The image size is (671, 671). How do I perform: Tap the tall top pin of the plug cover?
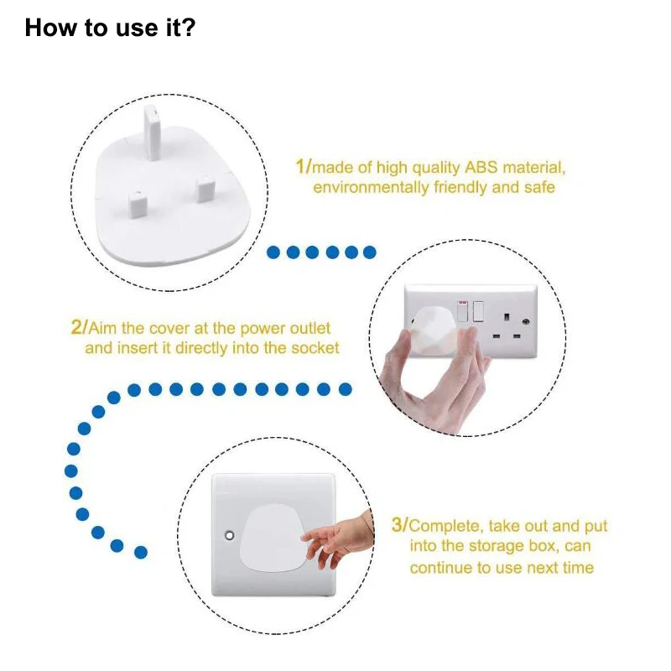point(152,132)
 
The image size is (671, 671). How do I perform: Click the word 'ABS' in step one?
point(481,167)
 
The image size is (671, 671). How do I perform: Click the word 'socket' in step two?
point(315,348)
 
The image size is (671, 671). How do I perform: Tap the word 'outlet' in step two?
point(310,328)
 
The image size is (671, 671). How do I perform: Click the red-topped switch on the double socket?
point(463,310)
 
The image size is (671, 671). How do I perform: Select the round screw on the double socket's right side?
point(526,321)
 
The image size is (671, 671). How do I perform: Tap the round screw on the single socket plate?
point(229,535)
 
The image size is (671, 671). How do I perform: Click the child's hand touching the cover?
point(338,538)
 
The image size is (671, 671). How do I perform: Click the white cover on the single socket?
point(274,538)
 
